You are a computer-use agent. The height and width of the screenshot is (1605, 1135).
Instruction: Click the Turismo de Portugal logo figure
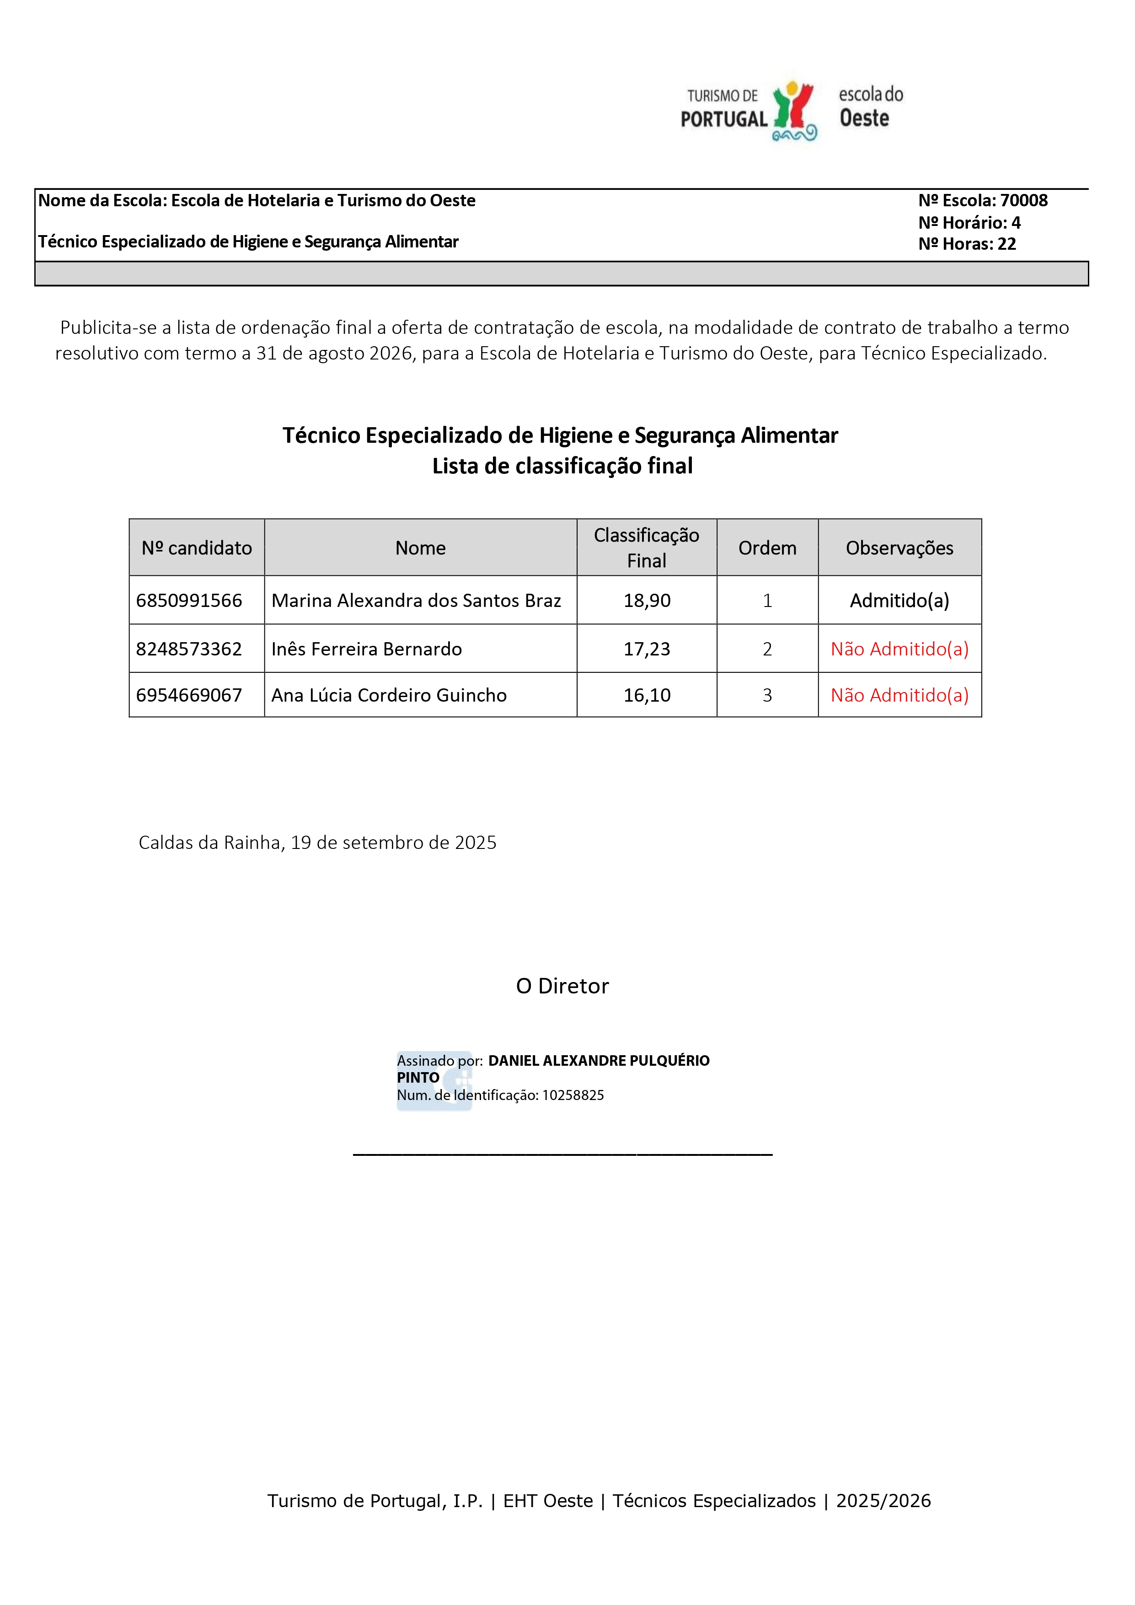(x=795, y=110)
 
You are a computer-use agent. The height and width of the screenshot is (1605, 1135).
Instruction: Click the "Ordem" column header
(x=767, y=548)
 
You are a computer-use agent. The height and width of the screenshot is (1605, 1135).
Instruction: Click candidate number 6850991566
(x=189, y=601)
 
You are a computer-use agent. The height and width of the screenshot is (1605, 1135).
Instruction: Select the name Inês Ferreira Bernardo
(x=366, y=650)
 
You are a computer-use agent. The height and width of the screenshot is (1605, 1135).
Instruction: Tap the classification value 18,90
(x=647, y=601)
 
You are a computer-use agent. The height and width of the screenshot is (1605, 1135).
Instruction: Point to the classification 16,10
(x=647, y=696)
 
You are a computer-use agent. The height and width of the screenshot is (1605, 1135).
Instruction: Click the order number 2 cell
(x=767, y=650)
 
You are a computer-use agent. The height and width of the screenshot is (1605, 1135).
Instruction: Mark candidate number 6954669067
(x=189, y=696)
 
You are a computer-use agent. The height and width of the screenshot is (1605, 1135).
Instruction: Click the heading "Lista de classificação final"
(x=562, y=466)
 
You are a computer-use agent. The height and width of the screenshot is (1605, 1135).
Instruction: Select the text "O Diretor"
(x=562, y=986)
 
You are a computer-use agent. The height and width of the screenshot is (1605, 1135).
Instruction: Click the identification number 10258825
(x=573, y=1095)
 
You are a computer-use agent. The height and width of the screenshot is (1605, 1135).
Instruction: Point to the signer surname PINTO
(x=418, y=1078)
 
